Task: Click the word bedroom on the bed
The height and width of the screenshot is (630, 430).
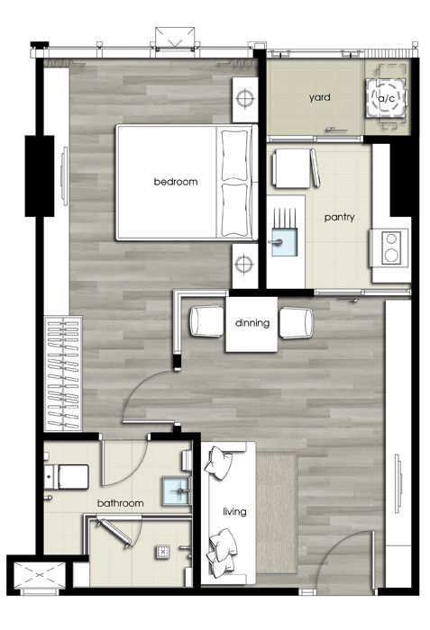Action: click(x=176, y=182)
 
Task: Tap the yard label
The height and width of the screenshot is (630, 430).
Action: click(x=320, y=97)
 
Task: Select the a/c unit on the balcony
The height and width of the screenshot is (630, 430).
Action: click(x=386, y=97)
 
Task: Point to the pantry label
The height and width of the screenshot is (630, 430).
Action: click(x=340, y=218)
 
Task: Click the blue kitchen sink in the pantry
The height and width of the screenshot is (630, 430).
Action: click(x=285, y=242)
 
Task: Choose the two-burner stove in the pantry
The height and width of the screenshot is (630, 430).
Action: click(x=389, y=247)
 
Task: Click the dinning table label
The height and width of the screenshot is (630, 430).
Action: click(x=252, y=323)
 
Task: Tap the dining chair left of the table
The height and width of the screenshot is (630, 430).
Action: click(x=206, y=321)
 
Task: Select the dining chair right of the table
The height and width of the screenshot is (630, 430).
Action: click(x=297, y=322)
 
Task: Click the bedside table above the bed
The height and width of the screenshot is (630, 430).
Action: click(x=245, y=100)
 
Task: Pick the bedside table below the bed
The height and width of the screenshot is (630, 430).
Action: click(x=245, y=265)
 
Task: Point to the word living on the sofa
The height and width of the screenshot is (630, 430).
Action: click(x=234, y=511)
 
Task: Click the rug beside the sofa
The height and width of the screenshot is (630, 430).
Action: click(x=277, y=513)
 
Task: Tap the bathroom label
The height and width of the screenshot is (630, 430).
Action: click(x=121, y=503)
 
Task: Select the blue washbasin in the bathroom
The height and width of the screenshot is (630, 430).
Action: click(x=176, y=490)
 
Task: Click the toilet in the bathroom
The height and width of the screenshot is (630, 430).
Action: click(x=67, y=477)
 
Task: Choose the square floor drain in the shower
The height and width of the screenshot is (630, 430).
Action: click(x=162, y=552)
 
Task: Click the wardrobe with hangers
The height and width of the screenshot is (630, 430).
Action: click(x=63, y=373)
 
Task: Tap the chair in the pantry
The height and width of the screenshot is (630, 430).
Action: click(x=296, y=168)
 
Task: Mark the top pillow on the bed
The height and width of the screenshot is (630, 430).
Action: click(x=234, y=155)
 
